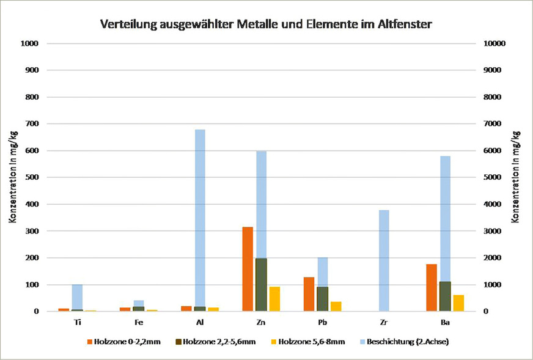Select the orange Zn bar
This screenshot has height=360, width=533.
[x=248, y=269]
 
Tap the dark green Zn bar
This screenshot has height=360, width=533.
[x=261, y=285]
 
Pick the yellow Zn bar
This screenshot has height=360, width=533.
[x=274, y=299]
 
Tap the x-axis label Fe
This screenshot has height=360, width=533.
[x=138, y=321]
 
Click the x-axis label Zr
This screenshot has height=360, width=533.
[x=383, y=321]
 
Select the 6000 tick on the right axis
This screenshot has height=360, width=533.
[x=493, y=151]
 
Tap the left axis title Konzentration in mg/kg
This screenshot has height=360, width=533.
[x=13, y=177]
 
